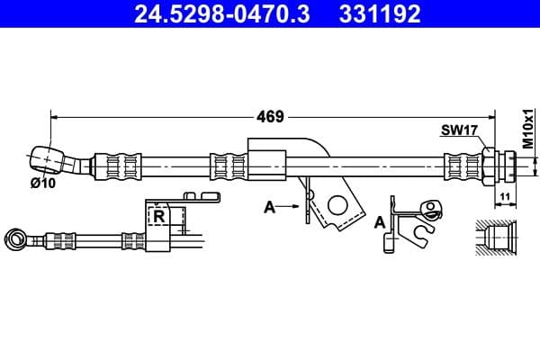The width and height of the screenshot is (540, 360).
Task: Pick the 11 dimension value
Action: coord(504,195)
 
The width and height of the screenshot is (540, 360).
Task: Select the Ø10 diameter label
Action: coord(42,183)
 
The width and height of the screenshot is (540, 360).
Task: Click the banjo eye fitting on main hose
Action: coord(47,159)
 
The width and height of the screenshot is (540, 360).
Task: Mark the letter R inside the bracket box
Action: coord(159,217)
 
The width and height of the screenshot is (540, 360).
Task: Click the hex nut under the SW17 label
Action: coord(488,165)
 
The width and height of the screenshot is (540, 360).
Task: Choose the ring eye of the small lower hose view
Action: coord(15,238)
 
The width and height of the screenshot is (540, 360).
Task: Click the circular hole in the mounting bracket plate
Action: coord(338,204)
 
